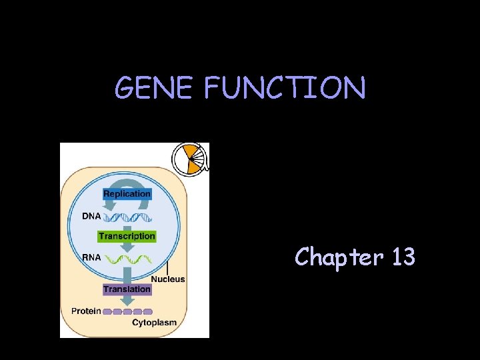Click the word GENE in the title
[153, 88]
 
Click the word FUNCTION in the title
[285, 88]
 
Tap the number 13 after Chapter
[403, 256]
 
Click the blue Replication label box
[127, 194]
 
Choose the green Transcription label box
[127, 236]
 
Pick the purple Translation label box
[127, 289]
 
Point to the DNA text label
[92, 215]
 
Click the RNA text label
[92, 257]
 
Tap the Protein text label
[87, 311]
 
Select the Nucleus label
[168, 279]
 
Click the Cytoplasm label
[154, 323]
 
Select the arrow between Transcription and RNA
[127, 246]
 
